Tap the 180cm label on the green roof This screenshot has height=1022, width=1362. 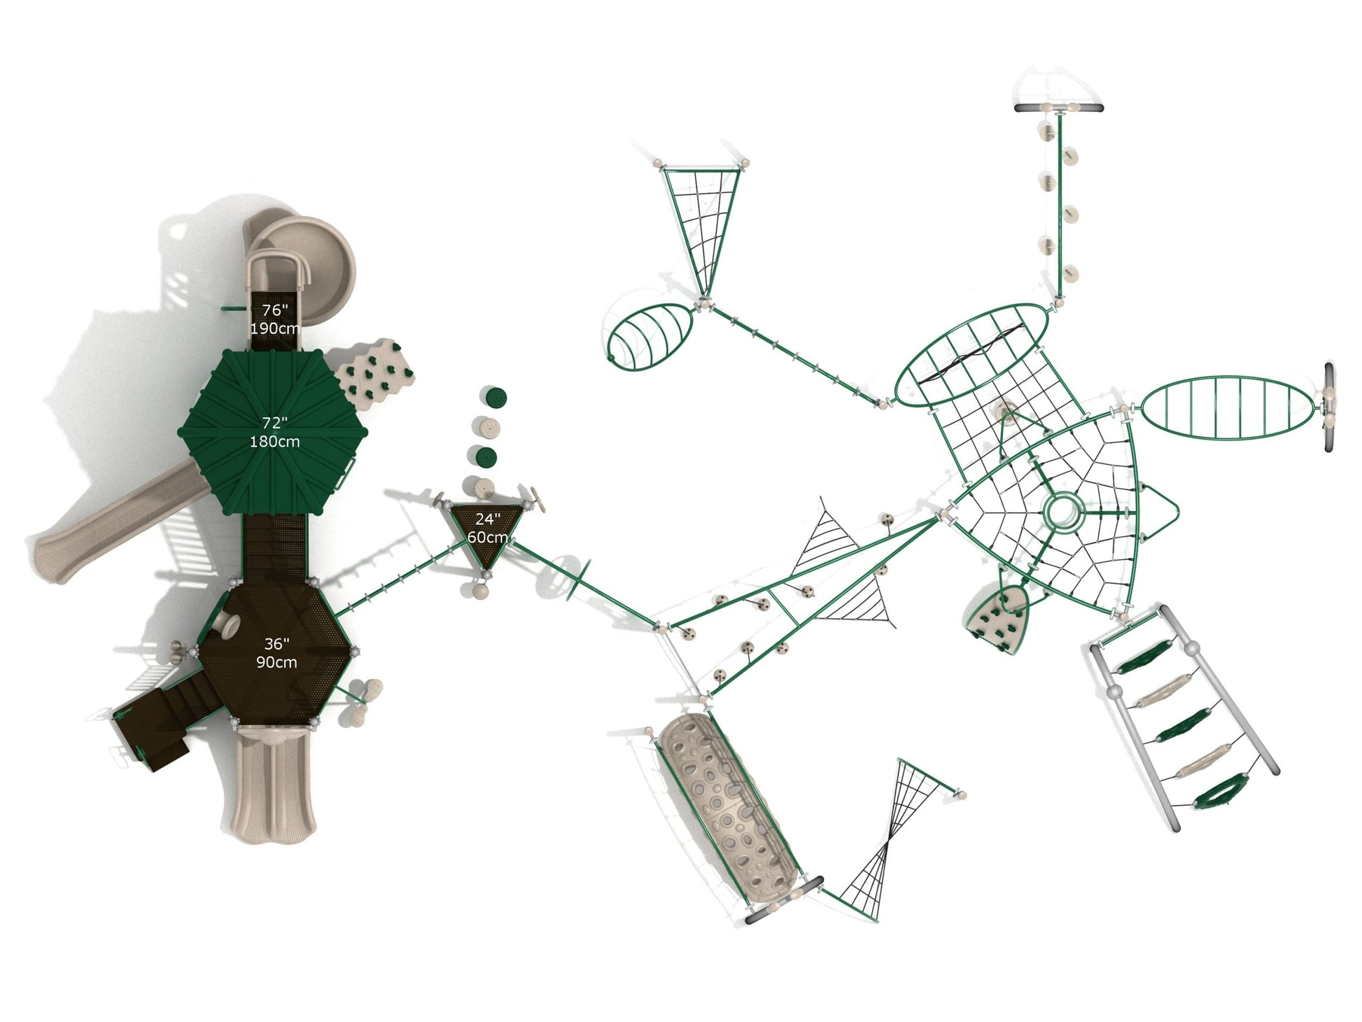coord(274,442)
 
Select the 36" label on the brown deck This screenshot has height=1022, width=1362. coord(276,644)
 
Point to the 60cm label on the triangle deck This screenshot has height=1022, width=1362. coord(488,538)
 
